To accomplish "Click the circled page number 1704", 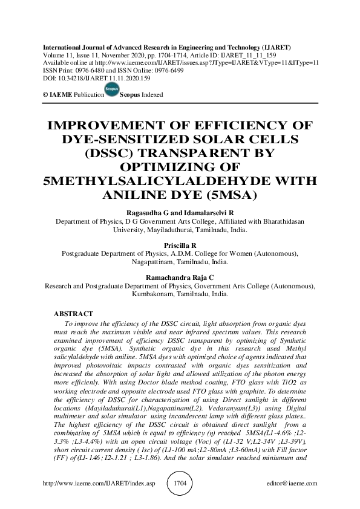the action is point(180,484).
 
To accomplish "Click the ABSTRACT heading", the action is point(73,314).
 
